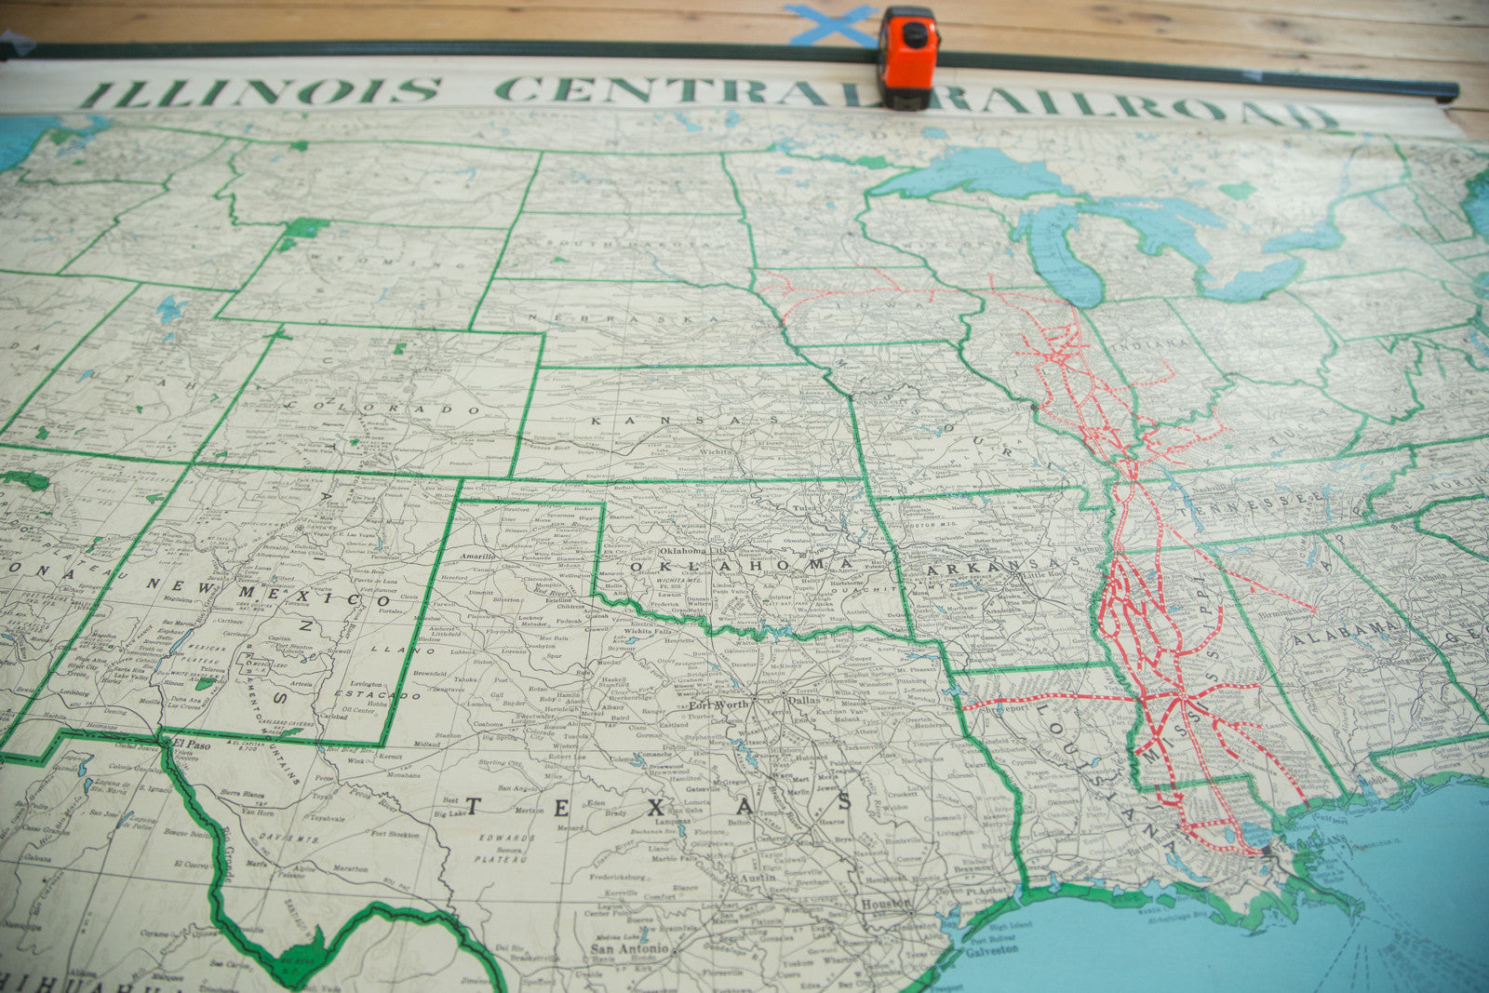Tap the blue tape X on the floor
831,24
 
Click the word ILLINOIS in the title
261,91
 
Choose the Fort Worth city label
718,704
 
